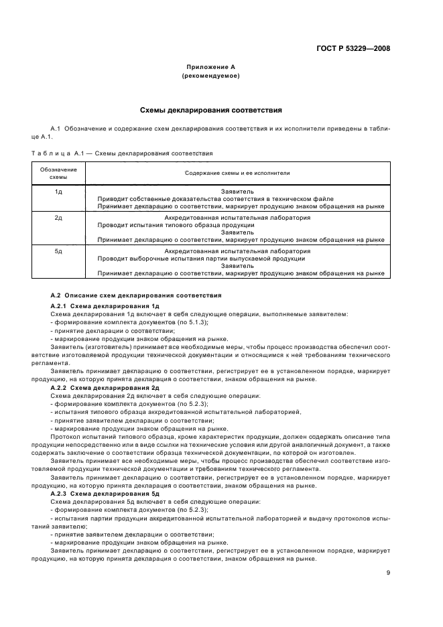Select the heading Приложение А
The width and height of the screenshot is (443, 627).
pyautogui.click(x=210, y=67)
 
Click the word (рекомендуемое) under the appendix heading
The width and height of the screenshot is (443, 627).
pyautogui.click(x=210, y=76)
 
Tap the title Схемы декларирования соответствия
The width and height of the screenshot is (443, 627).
pyautogui.click(x=210, y=109)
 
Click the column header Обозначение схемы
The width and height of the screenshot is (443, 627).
pyautogui.click(x=58, y=173)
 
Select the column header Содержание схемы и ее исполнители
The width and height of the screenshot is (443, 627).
pyautogui.click(x=237, y=173)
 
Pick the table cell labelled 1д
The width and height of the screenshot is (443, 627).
pyautogui.click(x=58, y=192)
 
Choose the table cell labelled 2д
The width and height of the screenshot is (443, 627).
pyautogui.click(x=58, y=218)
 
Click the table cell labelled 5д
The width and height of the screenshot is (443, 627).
pyautogui.click(x=58, y=251)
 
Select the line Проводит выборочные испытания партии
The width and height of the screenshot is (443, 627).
pyautogui.click(x=201, y=258)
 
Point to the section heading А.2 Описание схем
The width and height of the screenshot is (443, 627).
pyautogui.click(x=136, y=295)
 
